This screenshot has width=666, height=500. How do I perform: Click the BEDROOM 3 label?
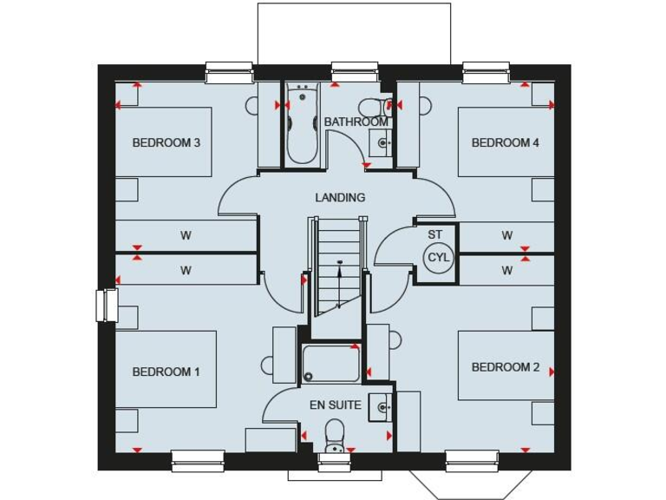click(x=166, y=142)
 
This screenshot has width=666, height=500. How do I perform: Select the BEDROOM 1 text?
click(x=166, y=372)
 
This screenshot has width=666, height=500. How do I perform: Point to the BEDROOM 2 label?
click(x=505, y=367)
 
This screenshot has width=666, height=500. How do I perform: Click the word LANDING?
click(x=340, y=197)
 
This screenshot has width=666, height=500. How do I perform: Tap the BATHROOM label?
click(x=356, y=122)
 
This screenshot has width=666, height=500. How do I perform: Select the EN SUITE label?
click(x=336, y=405)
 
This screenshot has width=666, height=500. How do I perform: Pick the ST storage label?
click(x=435, y=234)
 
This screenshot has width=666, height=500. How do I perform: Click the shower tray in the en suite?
click(x=330, y=364)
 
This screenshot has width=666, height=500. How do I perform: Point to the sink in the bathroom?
click(x=380, y=142)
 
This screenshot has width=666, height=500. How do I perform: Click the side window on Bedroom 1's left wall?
click(x=106, y=306)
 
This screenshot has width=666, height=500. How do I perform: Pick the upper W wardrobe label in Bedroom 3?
click(x=186, y=235)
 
